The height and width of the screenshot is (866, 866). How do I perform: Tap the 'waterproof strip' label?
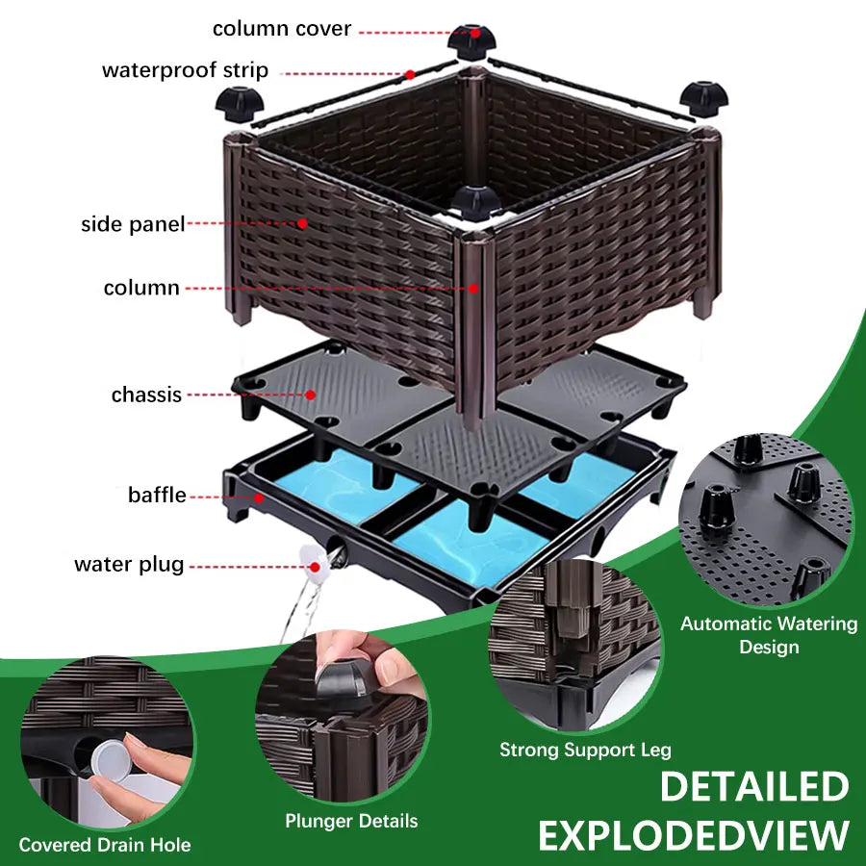pos(185,71)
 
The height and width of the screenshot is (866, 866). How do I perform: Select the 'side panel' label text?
pos(133,225)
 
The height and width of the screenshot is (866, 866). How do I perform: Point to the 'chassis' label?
pos(146,395)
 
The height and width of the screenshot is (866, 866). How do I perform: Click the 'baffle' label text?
pos(157,496)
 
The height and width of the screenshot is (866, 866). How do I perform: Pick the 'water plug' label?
pos(129,565)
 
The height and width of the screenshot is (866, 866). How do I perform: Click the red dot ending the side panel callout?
pos(302,223)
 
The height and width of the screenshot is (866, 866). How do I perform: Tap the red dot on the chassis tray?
pos(311,395)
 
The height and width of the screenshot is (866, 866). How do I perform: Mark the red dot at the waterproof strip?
pos(409,74)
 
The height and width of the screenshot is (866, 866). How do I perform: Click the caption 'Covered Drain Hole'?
pos(105,846)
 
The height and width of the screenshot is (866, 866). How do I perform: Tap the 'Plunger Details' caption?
pos(351,821)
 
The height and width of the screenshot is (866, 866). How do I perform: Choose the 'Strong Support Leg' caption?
pos(585,749)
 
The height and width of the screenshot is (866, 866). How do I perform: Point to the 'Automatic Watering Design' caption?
pos(769,635)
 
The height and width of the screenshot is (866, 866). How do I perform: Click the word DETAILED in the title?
pos(753,787)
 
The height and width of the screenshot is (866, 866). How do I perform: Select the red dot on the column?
pos(473,287)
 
